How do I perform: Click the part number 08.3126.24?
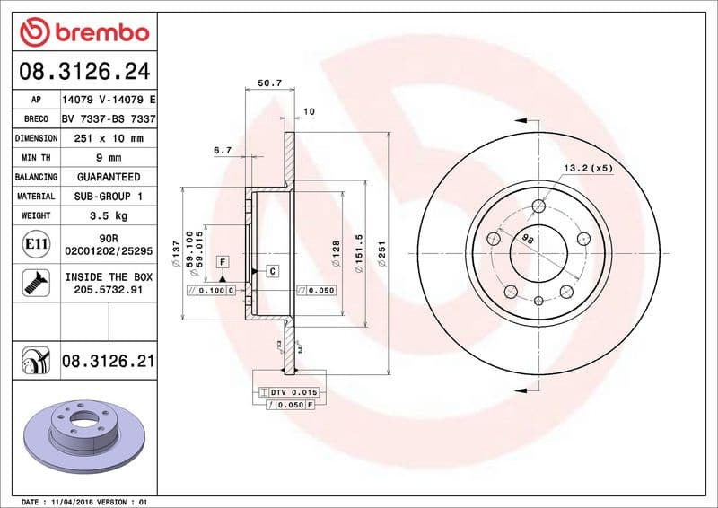pyautogui.click(x=83, y=71)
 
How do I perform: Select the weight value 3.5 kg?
pyautogui.click(x=109, y=215)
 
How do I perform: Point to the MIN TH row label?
pyautogui.click(x=36, y=158)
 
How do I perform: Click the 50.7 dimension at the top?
pyautogui.click(x=270, y=83)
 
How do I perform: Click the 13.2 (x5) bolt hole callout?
pyautogui.click(x=588, y=168)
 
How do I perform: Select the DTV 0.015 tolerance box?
pyautogui.click(x=293, y=392)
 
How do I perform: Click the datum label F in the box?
pyautogui.click(x=222, y=261)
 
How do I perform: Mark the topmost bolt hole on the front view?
pyautogui.click(x=538, y=206)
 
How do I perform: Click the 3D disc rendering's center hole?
pyautogui.click(x=86, y=418)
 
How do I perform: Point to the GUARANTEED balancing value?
pyautogui.click(x=109, y=177)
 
